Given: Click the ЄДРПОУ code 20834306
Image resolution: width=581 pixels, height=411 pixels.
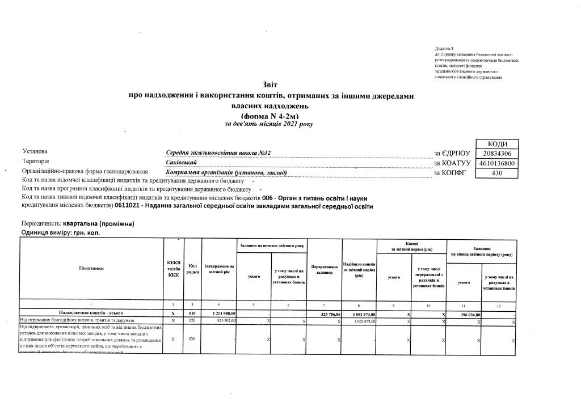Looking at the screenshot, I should coord(497,154).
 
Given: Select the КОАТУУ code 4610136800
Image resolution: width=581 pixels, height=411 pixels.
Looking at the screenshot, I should coord(497,163).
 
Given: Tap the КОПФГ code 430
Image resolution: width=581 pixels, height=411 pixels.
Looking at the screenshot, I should coord(497,173).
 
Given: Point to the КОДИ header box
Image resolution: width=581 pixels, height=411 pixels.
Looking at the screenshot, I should coord(497,144).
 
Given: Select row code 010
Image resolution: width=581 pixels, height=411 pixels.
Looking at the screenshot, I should coord(192,313).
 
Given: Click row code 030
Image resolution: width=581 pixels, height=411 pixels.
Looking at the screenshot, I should coord(192,340).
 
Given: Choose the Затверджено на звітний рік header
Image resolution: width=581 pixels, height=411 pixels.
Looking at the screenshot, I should coord(218,269).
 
